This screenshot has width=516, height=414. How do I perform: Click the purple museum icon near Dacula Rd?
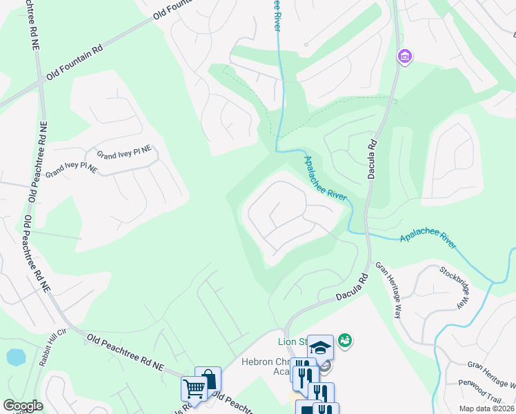404,57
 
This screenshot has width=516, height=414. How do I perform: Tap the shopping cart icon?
194,389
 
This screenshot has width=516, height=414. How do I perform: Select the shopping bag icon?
208,379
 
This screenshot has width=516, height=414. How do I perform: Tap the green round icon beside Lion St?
345,340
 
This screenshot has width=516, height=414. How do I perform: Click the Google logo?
23,406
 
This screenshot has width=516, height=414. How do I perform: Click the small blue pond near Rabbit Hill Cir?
15,357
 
